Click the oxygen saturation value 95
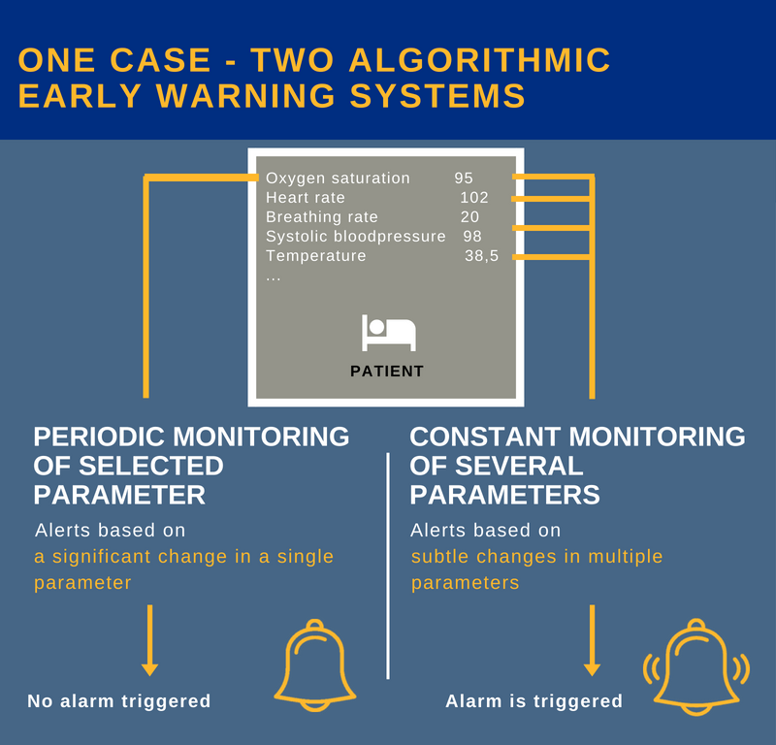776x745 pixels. pos(463,178)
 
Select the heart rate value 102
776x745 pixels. pos(474,198)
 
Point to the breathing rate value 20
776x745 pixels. pos(469,217)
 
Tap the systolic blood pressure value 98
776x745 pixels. pos(472,237)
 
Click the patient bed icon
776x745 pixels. pos(388,332)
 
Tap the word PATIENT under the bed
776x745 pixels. pos(387,371)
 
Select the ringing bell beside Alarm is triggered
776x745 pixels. pos(696,668)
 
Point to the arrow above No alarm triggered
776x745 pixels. pos(149,640)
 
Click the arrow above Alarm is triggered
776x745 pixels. pos(592,640)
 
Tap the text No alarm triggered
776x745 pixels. pos(118,700)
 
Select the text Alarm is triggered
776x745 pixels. pos(533,700)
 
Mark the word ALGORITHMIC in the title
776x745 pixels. pos(480,60)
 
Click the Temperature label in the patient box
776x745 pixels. pos(316,256)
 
